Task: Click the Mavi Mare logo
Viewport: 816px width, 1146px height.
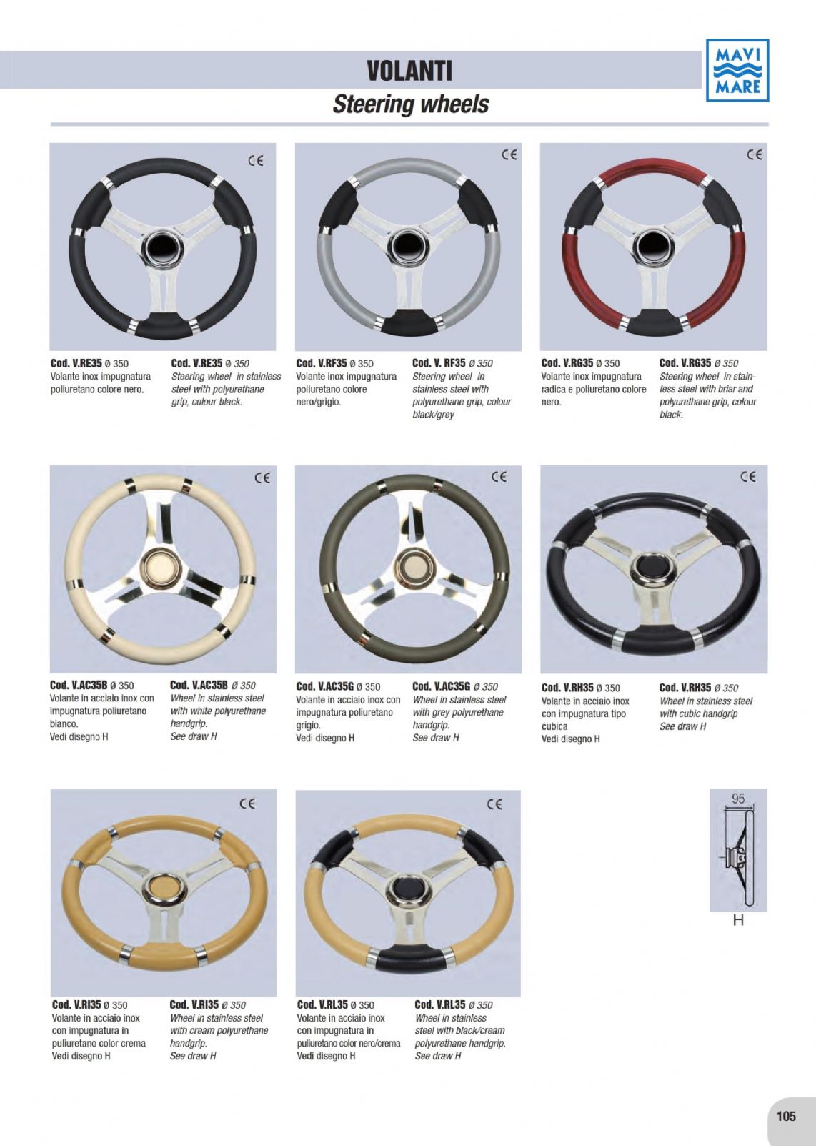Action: coord(737,70)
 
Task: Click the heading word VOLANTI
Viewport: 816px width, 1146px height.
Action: coord(409,71)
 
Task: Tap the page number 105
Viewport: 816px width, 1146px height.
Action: coord(786,1116)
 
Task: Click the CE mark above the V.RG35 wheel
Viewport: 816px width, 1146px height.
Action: coord(754,154)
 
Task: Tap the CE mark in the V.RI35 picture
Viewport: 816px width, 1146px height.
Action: coord(247,804)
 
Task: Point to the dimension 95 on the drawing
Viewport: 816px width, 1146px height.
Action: coord(738,799)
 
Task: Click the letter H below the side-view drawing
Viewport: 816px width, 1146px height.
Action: coord(738,920)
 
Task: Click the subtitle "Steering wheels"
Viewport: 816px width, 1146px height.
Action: coord(411,104)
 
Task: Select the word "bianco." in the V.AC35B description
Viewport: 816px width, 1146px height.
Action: coord(64,724)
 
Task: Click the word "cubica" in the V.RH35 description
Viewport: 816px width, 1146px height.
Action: coord(554,726)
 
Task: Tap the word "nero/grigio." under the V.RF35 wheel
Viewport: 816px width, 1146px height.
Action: coord(319,402)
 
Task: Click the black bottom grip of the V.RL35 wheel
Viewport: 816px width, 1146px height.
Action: coord(412,962)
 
